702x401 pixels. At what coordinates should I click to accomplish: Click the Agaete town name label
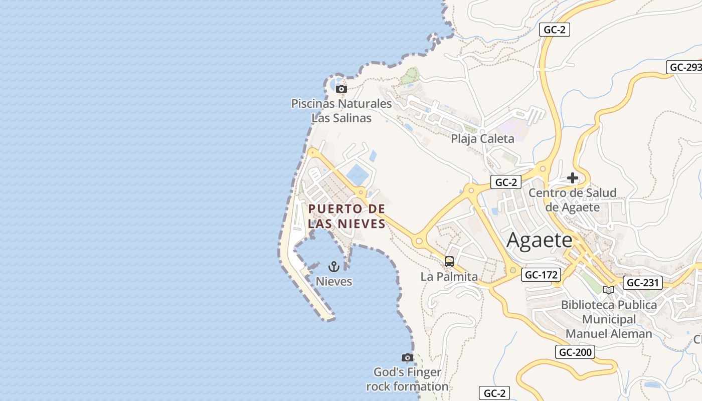coord(539,240)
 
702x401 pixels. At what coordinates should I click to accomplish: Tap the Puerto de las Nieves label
coord(346,216)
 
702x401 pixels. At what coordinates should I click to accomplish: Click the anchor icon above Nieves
coord(334,267)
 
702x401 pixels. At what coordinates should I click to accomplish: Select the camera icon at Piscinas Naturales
coord(341,89)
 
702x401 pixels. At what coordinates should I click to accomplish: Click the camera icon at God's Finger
coord(408,358)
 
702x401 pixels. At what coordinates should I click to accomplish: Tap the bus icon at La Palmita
coord(449,262)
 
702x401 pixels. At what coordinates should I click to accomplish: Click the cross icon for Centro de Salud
coord(572,178)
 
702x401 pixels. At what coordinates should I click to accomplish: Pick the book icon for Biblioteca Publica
coord(609,290)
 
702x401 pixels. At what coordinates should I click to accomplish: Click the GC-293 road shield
coord(684,67)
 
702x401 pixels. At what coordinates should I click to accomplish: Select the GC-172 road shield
coord(541,275)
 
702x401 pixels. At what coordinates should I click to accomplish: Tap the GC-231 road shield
coord(642,283)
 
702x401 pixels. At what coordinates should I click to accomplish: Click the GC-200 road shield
coord(575,352)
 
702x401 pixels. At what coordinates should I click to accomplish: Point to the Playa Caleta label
coord(482,139)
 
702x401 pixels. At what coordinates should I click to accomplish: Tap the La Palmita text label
coord(449,277)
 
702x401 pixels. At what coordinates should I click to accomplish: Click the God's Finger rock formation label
coord(407,379)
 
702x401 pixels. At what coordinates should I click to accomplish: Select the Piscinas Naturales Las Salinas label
coord(341,111)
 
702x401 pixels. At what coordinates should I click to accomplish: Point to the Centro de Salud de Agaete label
coord(573,200)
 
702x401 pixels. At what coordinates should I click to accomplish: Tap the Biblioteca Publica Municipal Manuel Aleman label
coord(609,319)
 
